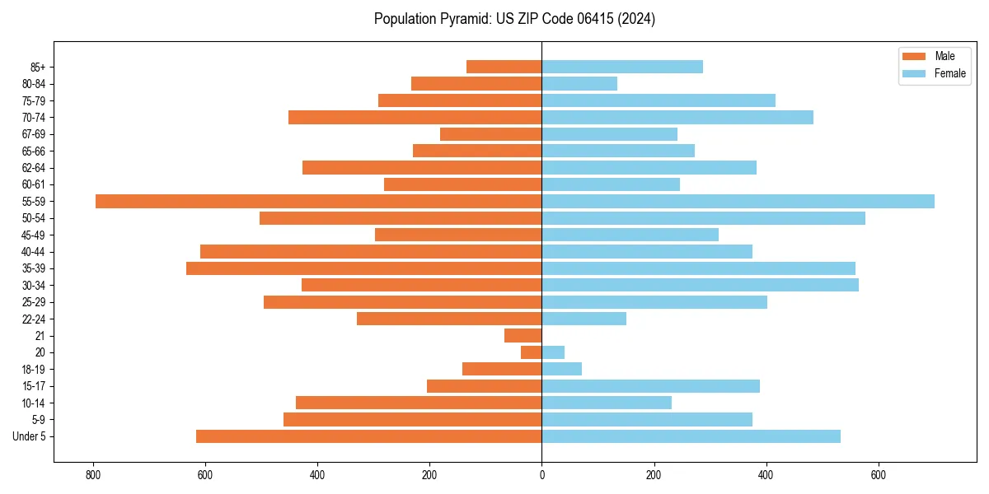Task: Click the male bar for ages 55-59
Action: tap(318, 201)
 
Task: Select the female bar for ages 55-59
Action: tap(738, 201)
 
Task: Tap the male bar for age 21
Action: tap(523, 335)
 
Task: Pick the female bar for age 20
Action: tap(553, 352)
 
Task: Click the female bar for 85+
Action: tap(622, 67)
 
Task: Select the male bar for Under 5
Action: tap(368, 436)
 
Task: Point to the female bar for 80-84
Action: tap(579, 83)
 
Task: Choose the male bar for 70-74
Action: tap(415, 117)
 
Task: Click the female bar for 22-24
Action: tap(584, 319)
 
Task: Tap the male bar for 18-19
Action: tap(502, 369)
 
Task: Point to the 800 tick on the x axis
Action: tap(93, 475)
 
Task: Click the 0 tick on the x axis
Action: tap(541, 475)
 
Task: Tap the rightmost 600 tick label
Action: tap(878, 475)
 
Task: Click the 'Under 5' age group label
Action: tap(29, 436)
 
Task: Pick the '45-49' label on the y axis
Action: tap(34, 235)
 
